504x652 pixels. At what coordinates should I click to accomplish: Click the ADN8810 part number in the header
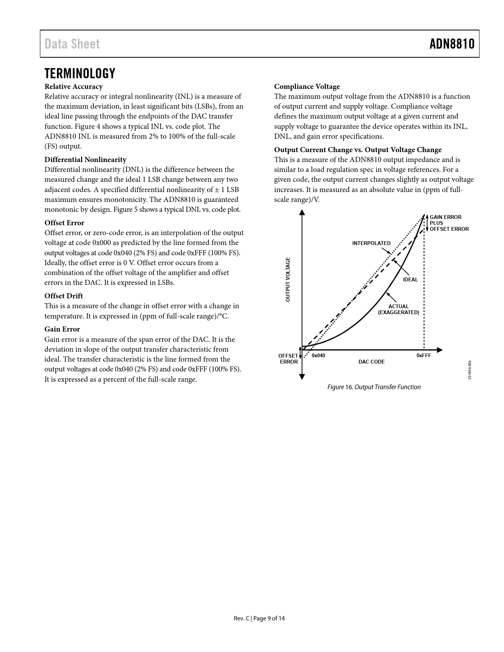452,44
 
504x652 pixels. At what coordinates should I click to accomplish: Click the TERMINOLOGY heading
80,73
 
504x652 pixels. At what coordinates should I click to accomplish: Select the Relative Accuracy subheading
74,87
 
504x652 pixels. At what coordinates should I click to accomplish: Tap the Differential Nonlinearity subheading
85,160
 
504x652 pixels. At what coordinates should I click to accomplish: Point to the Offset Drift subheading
64,296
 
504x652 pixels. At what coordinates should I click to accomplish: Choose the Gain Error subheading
62,329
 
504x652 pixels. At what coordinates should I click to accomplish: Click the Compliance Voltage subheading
307,87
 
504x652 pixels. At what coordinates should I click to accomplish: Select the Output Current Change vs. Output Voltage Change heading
358,150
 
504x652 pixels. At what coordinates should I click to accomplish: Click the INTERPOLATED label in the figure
371,243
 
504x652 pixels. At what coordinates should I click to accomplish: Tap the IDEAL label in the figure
410,280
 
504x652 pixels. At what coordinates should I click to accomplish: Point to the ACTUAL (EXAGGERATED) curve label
398,309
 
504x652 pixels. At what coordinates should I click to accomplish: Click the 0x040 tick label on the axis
318,356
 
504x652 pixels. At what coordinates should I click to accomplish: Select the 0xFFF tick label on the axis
424,356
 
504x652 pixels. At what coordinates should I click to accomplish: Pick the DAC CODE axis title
371,362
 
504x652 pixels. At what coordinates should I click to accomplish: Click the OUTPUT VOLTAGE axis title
288,279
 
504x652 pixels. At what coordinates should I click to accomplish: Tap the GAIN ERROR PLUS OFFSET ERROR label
449,223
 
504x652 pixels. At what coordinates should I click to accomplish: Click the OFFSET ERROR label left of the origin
288,359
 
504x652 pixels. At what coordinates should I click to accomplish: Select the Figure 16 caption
374,387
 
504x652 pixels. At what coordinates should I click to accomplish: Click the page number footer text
259,618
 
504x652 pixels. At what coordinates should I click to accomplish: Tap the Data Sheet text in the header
72,44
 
